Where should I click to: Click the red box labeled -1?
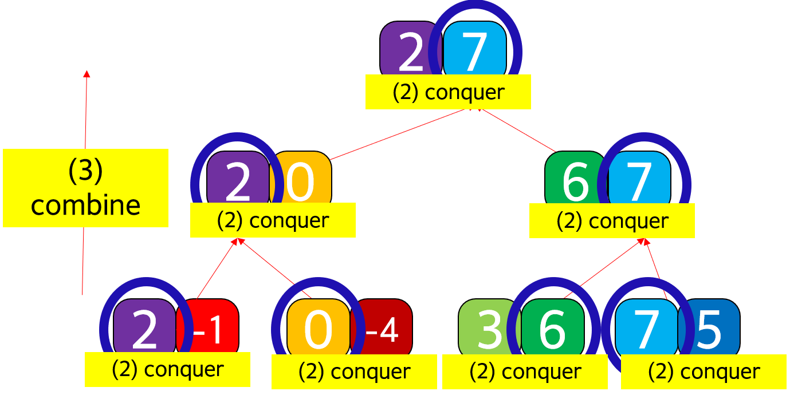click(x=210, y=327)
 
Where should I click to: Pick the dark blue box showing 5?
click(x=710, y=327)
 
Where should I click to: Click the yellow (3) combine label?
click(x=85, y=188)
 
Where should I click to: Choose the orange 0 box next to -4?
click(x=318, y=327)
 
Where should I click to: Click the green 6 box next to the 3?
click(x=552, y=327)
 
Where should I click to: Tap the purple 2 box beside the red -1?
click(x=145, y=327)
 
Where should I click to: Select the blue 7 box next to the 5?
click(x=646, y=327)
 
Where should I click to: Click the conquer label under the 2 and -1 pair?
click(x=167, y=369)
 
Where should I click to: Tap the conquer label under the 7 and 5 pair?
click(x=703, y=372)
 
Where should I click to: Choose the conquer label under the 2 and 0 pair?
click(x=273, y=220)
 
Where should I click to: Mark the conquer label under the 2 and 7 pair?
click(x=448, y=92)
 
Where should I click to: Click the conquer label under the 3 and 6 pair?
click(x=525, y=372)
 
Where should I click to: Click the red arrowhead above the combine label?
click(x=87, y=74)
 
